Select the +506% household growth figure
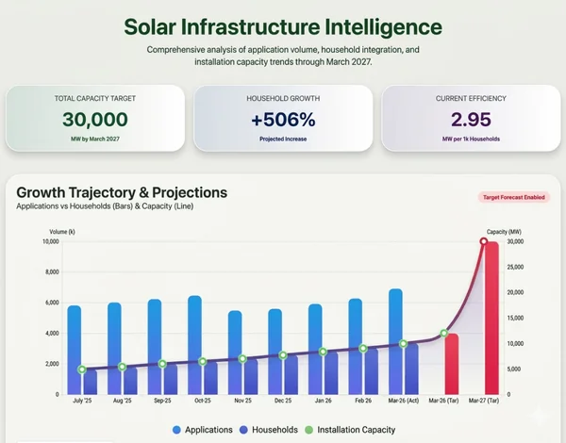(x=283, y=119)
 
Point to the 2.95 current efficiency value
(x=469, y=119)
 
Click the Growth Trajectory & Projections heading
(x=122, y=192)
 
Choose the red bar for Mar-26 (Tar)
(x=451, y=363)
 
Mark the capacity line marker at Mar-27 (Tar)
(x=484, y=241)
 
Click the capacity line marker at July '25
(x=82, y=370)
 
